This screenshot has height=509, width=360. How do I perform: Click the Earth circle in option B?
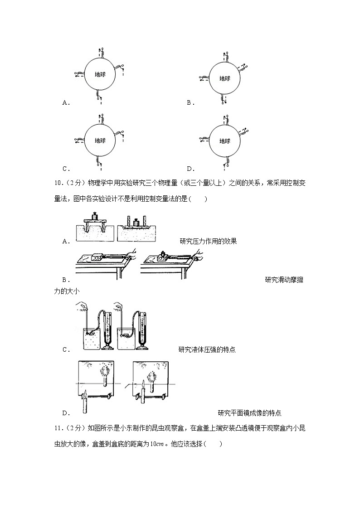pyautogui.click(x=224, y=78)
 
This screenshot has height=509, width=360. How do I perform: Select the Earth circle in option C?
pyautogui.click(x=100, y=141)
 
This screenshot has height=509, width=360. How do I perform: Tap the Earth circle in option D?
pyautogui.click(x=224, y=141)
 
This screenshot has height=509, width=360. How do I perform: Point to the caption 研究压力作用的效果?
pyautogui.click(x=208, y=241)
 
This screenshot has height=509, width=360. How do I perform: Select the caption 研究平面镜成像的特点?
pyautogui.click(x=249, y=413)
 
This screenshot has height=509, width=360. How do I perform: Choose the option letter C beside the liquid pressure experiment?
pyautogui.click(x=64, y=349)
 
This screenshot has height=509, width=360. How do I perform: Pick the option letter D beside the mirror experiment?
pyautogui.click(x=64, y=413)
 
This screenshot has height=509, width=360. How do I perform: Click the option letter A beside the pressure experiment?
pyautogui.click(x=64, y=241)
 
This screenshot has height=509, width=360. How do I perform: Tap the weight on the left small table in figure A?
pyautogui.click(x=95, y=216)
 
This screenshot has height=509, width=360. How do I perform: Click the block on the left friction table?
pyautogui.click(x=98, y=257)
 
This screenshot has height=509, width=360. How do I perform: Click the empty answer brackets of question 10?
pyautogui.click(x=199, y=199)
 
